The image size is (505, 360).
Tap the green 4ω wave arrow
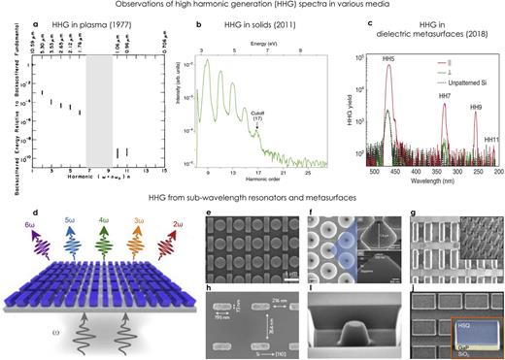pos(103,208)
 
